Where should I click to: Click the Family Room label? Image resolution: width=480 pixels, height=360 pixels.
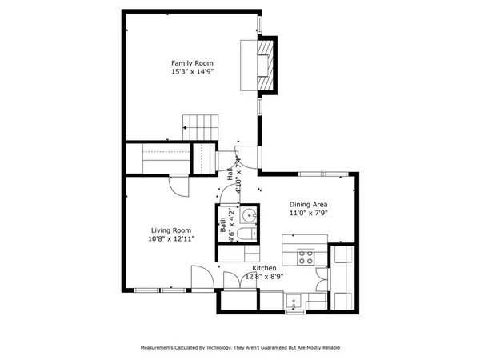click(x=192, y=62)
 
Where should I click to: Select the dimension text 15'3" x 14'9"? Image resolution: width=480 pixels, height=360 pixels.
click(x=192, y=71)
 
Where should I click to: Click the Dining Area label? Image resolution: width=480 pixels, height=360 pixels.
click(x=308, y=205)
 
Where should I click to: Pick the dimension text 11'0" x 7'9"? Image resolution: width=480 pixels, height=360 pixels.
click(x=308, y=214)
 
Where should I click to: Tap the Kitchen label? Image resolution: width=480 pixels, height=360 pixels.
click(x=265, y=268)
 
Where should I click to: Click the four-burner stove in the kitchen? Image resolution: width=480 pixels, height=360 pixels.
click(x=306, y=258)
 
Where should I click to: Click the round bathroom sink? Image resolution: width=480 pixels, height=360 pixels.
click(x=248, y=214)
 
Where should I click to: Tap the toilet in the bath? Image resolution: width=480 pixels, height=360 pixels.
click(x=247, y=234)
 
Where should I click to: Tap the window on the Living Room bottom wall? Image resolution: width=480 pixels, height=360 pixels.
click(x=147, y=289)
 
